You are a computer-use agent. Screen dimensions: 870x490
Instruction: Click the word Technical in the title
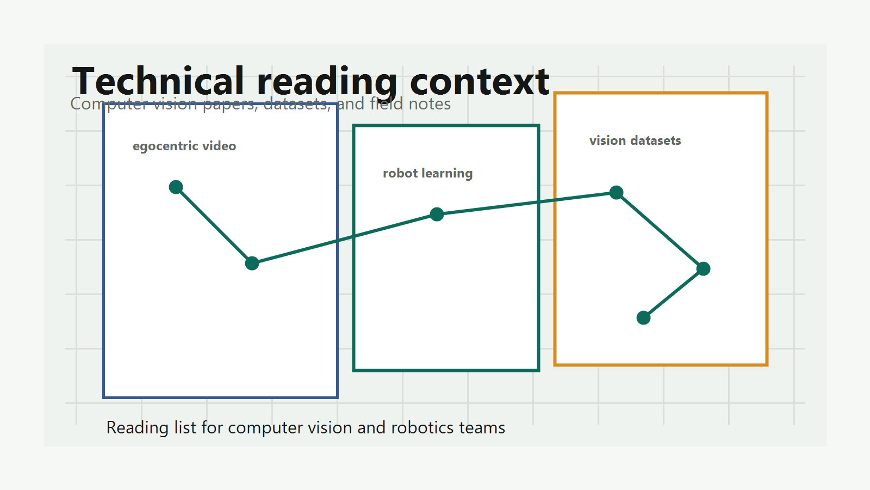click(158, 81)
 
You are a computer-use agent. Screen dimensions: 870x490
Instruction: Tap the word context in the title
click(480, 82)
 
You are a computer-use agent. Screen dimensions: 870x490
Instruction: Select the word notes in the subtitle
click(430, 104)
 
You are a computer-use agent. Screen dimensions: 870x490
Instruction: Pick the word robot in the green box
click(399, 173)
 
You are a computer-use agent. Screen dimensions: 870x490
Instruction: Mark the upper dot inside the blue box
click(176, 187)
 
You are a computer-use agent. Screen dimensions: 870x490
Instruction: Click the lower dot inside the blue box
click(252, 264)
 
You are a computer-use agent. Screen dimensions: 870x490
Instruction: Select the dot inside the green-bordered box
click(437, 215)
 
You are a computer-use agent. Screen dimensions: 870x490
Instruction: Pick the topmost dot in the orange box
click(617, 193)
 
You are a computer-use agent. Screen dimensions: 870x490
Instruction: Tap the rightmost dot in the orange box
click(704, 269)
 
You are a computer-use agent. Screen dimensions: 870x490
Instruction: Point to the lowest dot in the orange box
click(644, 318)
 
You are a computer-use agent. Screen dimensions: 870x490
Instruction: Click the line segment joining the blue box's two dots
click(214, 225)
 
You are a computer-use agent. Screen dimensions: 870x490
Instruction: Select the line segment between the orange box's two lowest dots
click(674, 293)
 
